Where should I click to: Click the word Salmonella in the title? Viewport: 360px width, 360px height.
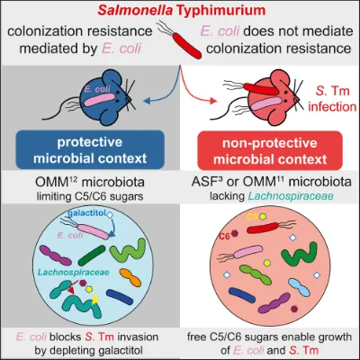pyautogui.click(x=136, y=10)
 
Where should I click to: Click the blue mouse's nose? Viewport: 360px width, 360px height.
pyautogui.click(x=129, y=98)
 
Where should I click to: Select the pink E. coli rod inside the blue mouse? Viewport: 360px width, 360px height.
pyautogui.click(x=100, y=100)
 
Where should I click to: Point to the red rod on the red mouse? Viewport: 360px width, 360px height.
pyautogui.click(x=260, y=88)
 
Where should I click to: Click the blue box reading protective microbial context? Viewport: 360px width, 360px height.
pyautogui.click(x=90, y=149)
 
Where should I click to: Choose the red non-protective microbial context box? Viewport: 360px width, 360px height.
pyautogui.click(x=270, y=150)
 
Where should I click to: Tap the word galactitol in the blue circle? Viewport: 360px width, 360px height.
pyautogui.click(x=87, y=213)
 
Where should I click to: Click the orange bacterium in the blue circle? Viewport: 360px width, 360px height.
pyautogui.click(x=130, y=277)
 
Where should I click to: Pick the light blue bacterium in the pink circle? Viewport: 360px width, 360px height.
pyautogui.click(x=299, y=287)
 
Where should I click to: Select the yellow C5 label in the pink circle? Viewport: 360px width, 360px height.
pyautogui.click(x=252, y=216)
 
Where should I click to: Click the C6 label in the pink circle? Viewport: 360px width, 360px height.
pyautogui.click(x=224, y=237)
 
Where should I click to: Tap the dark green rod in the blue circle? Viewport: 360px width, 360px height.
pyautogui.click(x=92, y=256)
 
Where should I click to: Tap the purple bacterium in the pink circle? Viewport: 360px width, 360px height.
pyautogui.click(x=274, y=302)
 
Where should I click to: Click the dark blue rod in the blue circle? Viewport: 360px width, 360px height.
pyautogui.click(x=120, y=297)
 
